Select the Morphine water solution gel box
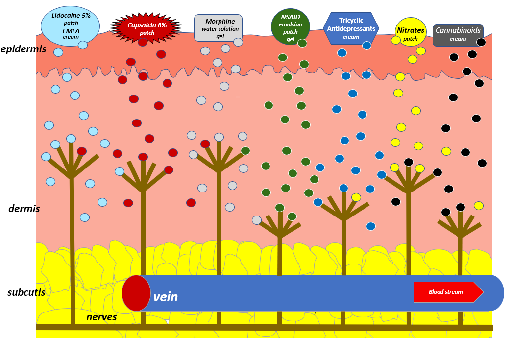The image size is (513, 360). [218, 28]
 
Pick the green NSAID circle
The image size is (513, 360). [290, 26]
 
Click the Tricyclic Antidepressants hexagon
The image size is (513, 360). [351, 28]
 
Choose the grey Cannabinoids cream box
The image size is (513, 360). [458, 35]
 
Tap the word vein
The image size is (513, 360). [165, 297]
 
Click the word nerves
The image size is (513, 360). [101, 317]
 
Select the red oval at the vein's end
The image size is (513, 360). [136, 293]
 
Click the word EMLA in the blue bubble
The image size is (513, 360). [71, 30]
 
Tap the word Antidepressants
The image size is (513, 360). [351, 29]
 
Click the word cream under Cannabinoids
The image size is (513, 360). [458, 39]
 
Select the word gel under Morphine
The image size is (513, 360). [220, 36]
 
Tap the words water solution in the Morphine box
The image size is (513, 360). [220, 29]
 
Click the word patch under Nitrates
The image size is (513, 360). [411, 39]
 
